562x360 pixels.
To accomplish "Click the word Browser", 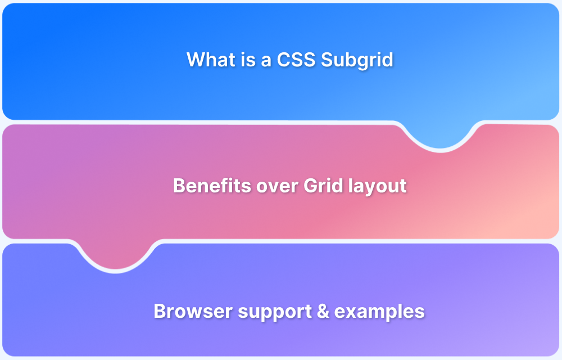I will click(x=185, y=311).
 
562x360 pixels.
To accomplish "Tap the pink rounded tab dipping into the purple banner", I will click(x=116, y=256).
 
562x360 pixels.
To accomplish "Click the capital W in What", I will click(x=194, y=60).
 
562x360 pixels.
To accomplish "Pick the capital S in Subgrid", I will click(x=327, y=60).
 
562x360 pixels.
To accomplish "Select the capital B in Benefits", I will click(x=179, y=186).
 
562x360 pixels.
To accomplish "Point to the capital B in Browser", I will click(x=160, y=311).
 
